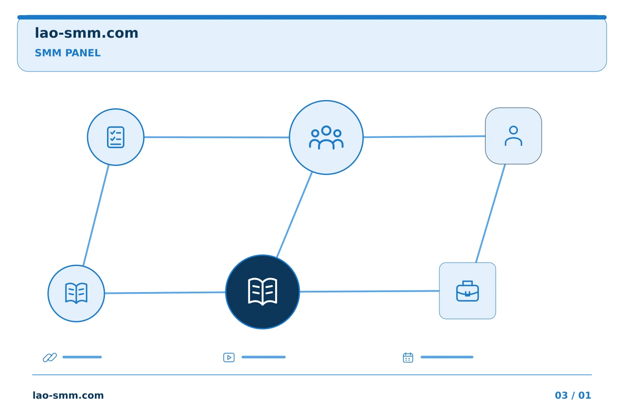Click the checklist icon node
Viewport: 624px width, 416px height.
(x=116, y=137)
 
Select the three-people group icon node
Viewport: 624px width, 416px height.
(x=326, y=137)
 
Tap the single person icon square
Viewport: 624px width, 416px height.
(x=513, y=136)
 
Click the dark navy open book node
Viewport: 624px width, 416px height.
(x=263, y=292)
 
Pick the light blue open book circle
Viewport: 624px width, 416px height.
(x=76, y=293)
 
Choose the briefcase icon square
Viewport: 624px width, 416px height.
(x=468, y=291)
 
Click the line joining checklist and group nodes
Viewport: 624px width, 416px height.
(x=217, y=137)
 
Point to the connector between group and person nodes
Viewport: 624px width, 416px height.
(x=424, y=136)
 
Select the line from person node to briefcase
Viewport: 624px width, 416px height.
(x=491, y=213)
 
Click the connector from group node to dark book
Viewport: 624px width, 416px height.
(x=294, y=214)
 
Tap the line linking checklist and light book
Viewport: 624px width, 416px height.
(x=96, y=215)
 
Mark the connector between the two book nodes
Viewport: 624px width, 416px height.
(x=165, y=292)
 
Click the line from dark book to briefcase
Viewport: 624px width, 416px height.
(x=369, y=291)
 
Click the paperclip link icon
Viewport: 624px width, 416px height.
(x=50, y=357)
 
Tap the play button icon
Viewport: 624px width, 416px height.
(x=229, y=357)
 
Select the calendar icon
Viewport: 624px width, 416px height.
(x=408, y=357)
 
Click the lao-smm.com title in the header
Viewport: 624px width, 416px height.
(x=86, y=33)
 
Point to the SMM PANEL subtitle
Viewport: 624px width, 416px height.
(x=68, y=53)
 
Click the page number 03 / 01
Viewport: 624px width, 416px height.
(x=573, y=395)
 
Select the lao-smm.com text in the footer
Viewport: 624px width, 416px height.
(x=68, y=395)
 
